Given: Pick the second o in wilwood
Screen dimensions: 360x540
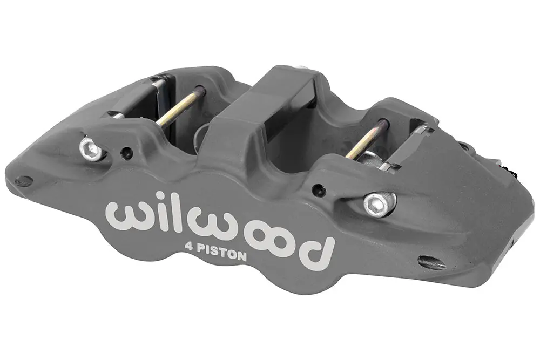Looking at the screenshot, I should pyautogui.click(x=281, y=243).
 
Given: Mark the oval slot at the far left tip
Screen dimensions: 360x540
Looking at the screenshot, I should pyautogui.click(x=24, y=181).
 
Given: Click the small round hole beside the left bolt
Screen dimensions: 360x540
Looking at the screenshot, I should pyautogui.click(x=126, y=153).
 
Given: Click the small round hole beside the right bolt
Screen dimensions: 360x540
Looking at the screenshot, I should pyautogui.click(x=319, y=189).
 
